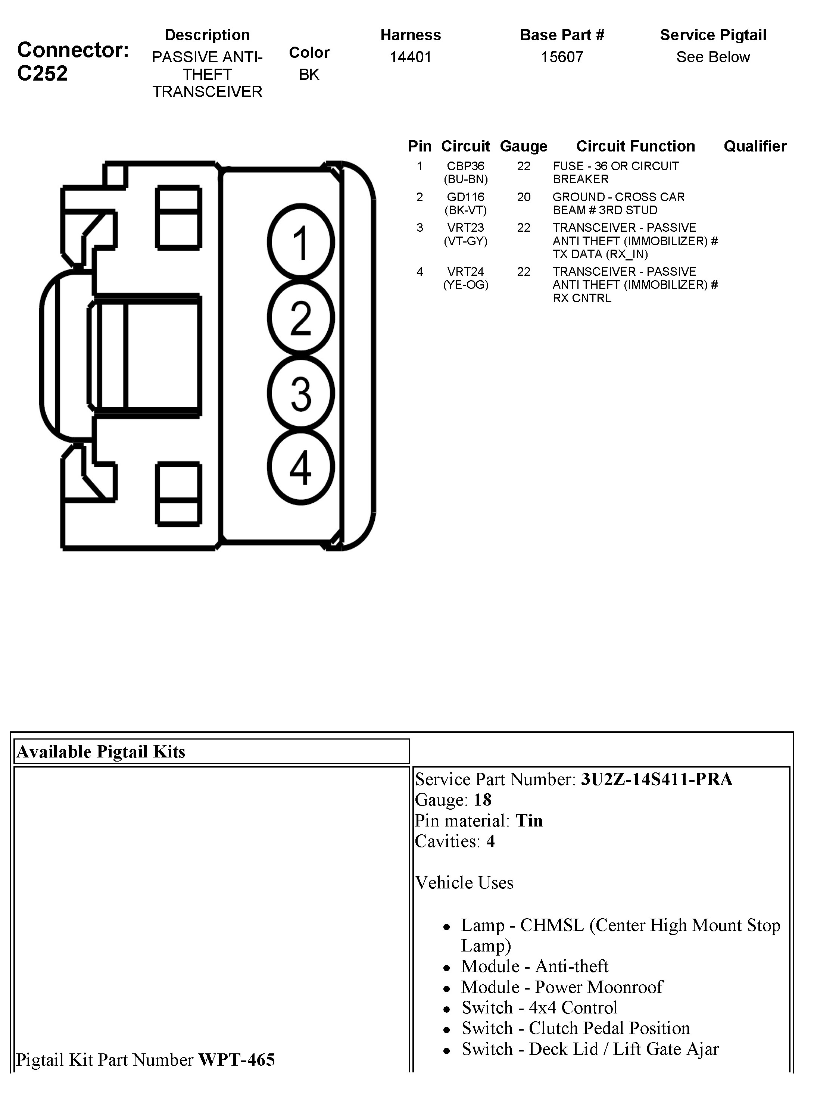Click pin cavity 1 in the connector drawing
pyautogui.click(x=301, y=242)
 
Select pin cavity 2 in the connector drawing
pyautogui.click(x=301, y=318)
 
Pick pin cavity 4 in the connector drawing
pyautogui.click(x=301, y=467)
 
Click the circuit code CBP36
pyautogui.click(x=465, y=166)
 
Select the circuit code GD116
pyautogui.click(x=465, y=197)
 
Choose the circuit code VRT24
pyautogui.click(x=465, y=271)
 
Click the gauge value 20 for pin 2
pyautogui.click(x=524, y=197)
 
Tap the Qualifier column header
pyautogui.click(x=755, y=146)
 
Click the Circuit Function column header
pyautogui.click(x=636, y=146)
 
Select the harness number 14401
pyautogui.click(x=411, y=57)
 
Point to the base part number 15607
pyautogui.click(x=562, y=57)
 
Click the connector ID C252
pyautogui.click(x=43, y=74)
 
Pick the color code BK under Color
pyautogui.click(x=309, y=75)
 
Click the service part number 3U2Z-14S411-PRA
pyautogui.click(x=656, y=779)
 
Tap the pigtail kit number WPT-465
pyautogui.click(x=236, y=1060)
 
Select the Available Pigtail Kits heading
pyautogui.click(x=101, y=752)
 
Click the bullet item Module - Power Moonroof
pyautogui.click(x=562, y=987)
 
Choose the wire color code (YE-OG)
pyautogui.click(x=465, y=285)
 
